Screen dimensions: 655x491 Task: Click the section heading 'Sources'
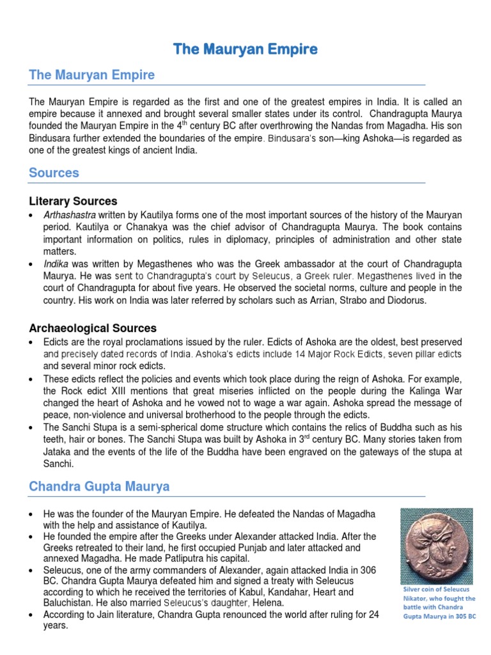point(54,173)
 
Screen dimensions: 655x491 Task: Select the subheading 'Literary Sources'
point(73,201)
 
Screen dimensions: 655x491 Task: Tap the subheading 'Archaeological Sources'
point(93,328)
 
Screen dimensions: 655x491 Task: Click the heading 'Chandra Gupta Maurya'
point(99,487)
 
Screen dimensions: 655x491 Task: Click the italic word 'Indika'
point(54,264)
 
